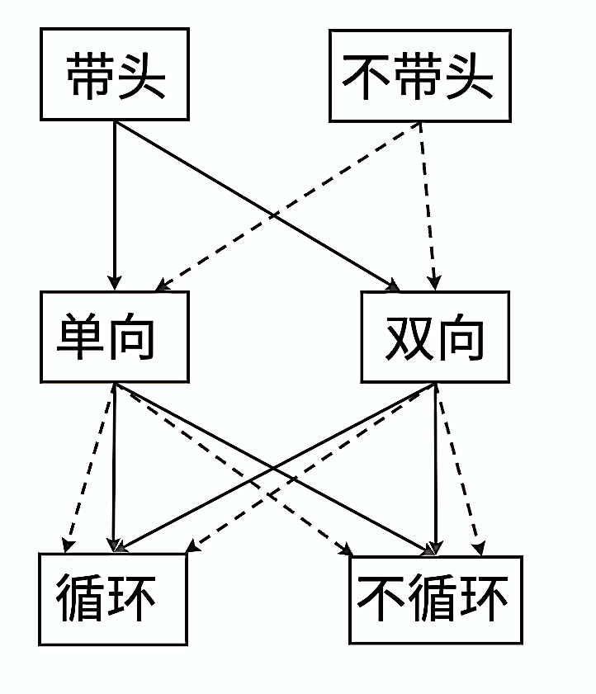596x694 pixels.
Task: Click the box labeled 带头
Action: coord(115,74)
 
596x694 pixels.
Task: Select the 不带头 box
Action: coord(419,76)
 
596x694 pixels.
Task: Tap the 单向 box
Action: coord(115,337)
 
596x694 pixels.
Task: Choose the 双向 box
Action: coord(435,337)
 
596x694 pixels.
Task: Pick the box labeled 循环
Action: coord(113,598)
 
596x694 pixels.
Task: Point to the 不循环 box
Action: coord(435,598)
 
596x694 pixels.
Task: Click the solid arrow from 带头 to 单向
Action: coord(115,206)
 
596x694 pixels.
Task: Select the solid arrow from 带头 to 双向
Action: coord(206,177)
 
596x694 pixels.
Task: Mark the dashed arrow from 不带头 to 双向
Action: coord(428,206)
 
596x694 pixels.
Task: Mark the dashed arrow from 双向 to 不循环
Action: coord(459,470)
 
